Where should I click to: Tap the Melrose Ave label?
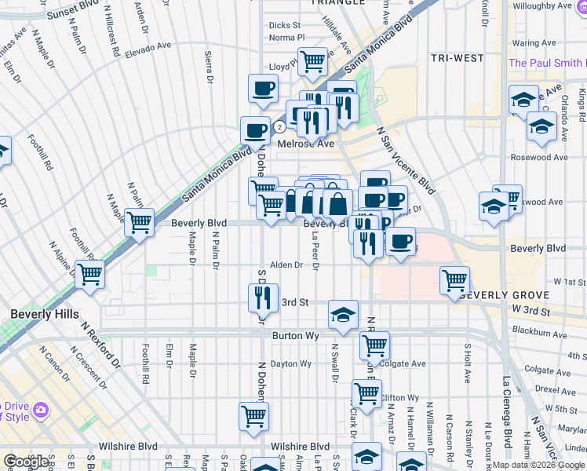pyautogui.click(x=306, y=144)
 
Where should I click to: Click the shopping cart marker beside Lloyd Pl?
pyautogui.click(x=313, y=60)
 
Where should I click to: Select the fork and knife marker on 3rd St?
pyautogui.click(x=263, y=297)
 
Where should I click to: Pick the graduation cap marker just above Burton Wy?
pyautogui.click(x=342, y=314)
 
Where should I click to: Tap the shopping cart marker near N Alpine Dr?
pyautogui.click(x=90, y=274)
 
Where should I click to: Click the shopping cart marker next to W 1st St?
pyautogui.click(x=454, y=279)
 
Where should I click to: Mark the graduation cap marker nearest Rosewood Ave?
pyautogui.click(x=541, y=126)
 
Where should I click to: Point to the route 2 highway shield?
pyautogui.click(x=279, y=127)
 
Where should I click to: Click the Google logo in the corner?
pyautogui.click(x=27, y=462)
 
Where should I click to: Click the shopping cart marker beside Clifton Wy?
pyautogui.click(x=366, y=393)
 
